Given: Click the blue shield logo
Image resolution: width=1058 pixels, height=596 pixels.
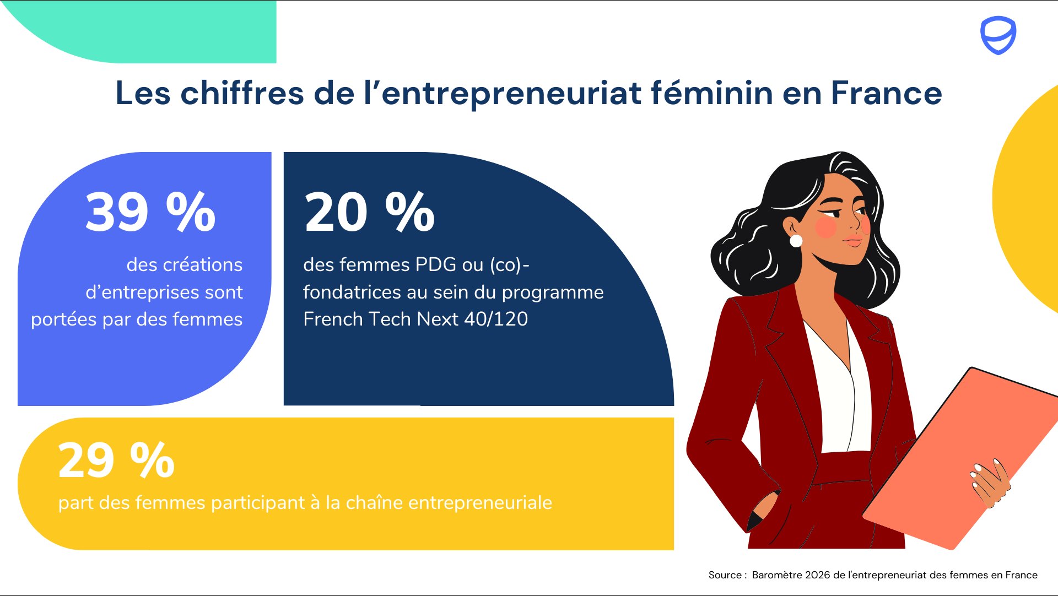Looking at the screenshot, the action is tap(998, 35).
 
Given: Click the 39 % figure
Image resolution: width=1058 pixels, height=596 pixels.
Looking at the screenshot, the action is tap(150, 212).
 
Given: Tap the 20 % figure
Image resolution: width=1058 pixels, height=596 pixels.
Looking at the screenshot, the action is tap(370, 212).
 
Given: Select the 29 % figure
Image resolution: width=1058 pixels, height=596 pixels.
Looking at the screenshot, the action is tap(116, 460).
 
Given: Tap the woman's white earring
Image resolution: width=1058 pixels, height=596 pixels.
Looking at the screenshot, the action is tap(796, 241).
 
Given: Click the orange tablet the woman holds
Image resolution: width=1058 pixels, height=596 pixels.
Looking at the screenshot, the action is tap(962, 457).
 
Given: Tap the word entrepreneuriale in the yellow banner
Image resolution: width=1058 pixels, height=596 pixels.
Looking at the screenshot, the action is tap(480, 502).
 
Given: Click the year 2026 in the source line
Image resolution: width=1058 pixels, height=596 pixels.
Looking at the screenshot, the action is tap(817, 575).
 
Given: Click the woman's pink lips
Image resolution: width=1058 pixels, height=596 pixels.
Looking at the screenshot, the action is tap(853, 240).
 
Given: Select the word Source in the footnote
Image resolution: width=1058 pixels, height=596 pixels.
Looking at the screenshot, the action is tap(725, 575).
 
